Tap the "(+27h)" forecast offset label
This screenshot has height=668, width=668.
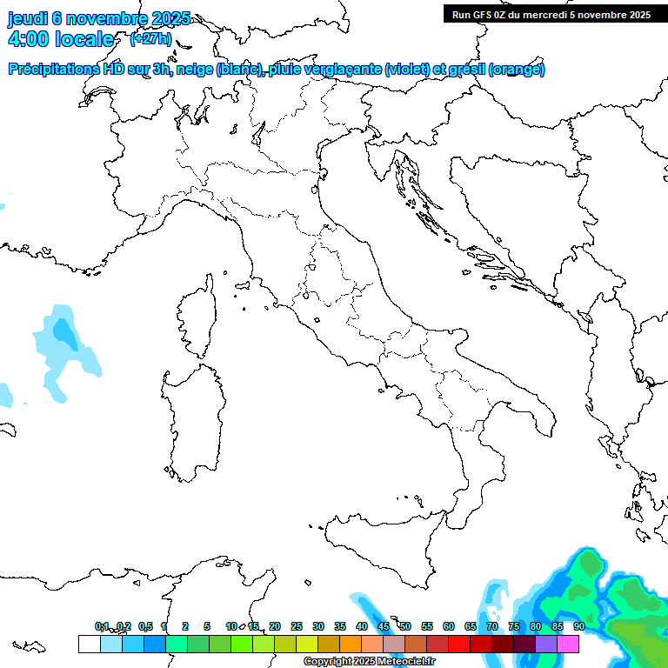click(150, 39)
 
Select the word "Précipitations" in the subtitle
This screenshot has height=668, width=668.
click(54, 70)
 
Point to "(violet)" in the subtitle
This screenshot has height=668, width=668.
click(408, 70)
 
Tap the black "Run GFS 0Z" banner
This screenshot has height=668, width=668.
click(551, 14)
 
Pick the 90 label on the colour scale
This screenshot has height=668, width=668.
click(578, 626)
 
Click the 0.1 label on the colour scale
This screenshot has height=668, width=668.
click(102, 626)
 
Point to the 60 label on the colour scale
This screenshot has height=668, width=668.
click(449, 626)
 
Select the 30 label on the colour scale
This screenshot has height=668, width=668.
click(318, 626)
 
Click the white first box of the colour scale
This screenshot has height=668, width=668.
click(89, 644)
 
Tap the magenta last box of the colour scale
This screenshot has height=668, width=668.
click(568, 644)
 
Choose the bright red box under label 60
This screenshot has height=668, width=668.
click(459, 644)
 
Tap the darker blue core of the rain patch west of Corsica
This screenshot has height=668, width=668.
click(63, 331)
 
